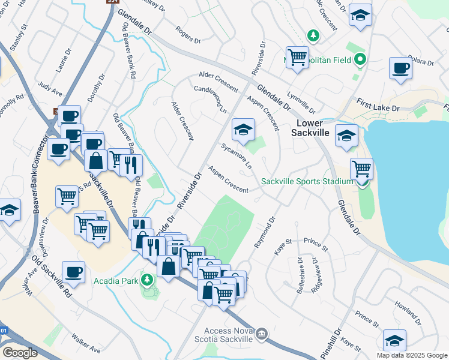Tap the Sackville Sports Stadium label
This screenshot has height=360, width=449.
307,181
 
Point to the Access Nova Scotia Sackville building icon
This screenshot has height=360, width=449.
261,334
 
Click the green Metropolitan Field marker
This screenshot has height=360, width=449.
360,59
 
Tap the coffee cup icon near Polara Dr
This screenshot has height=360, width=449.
400,68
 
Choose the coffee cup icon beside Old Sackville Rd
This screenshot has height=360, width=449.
73,271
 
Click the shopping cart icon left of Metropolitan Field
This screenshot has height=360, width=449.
297,58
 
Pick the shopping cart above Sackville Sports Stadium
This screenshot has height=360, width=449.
361,167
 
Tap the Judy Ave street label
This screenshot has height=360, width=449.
50,89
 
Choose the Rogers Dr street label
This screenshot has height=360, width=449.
188,35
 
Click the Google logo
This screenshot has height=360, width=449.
20,352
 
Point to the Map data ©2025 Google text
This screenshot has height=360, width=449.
412,355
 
